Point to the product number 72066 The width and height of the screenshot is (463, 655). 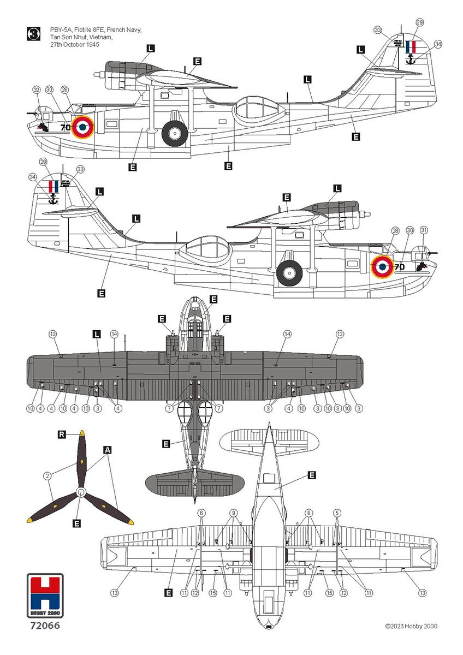[45, 626]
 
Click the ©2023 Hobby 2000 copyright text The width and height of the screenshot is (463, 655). [411, 627]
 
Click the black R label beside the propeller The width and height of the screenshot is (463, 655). [63, 434]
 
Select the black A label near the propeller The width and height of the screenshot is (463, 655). [108, 450]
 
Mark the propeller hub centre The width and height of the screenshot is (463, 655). [81, 493]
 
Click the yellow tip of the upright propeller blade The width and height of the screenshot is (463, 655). [82, 433]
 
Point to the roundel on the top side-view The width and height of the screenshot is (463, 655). [82, 127]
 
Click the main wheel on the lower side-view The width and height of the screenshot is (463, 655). [289, 272]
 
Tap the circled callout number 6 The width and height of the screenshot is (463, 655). [201, 513]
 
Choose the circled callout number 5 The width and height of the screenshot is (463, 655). [337, 513]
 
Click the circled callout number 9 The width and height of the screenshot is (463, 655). [234, 513]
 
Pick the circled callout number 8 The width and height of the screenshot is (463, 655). [310, 513]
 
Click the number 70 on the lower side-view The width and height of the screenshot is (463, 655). [399, 267]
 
